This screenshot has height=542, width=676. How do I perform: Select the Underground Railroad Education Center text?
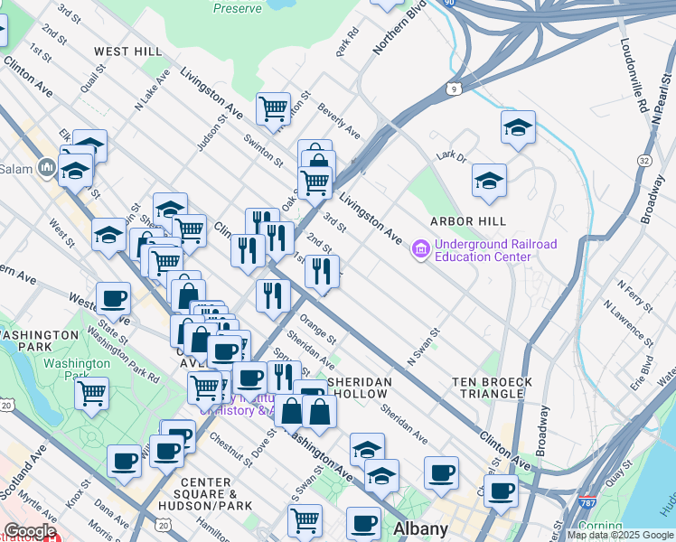495,250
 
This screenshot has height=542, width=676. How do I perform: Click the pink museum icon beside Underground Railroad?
420,248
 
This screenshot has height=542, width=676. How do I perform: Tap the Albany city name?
421,528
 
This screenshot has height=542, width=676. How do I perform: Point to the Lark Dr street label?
449,155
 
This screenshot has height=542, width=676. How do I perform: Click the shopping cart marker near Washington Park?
92,394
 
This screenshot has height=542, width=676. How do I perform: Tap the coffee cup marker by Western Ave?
114,297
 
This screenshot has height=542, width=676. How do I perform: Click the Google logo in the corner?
30,531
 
